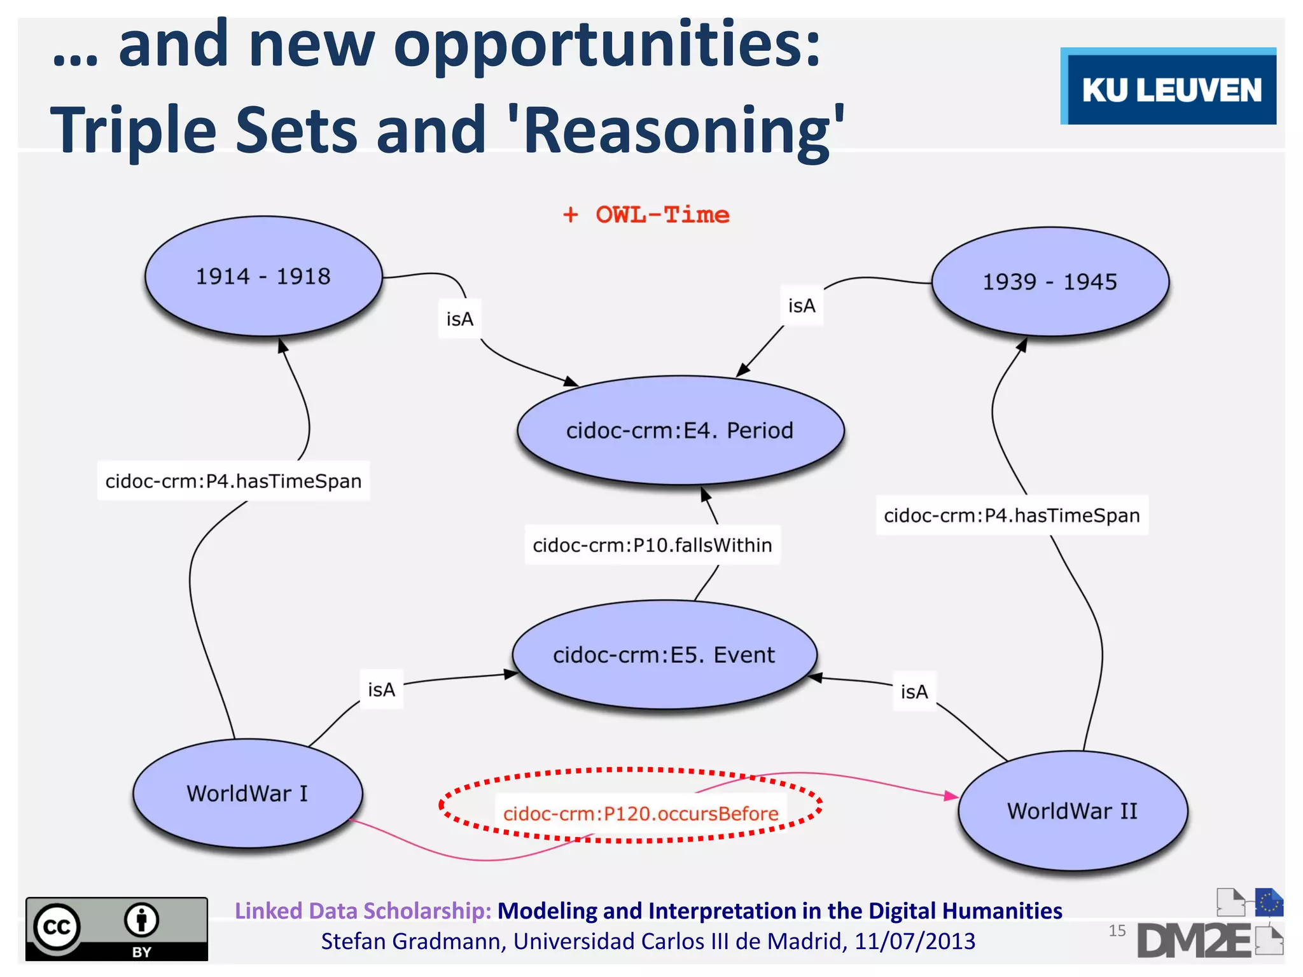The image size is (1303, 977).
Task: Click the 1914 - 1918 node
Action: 263,276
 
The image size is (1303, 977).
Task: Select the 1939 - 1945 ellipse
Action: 1050,281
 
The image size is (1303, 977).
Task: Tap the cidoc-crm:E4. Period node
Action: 679,431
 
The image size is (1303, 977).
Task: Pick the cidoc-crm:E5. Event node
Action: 664,655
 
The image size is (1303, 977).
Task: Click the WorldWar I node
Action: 247,793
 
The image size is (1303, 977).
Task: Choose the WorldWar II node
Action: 1072,811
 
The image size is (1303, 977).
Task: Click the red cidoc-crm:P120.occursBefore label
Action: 641,814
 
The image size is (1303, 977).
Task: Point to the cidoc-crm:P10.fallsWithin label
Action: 652,545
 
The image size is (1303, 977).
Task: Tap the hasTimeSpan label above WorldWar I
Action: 233,481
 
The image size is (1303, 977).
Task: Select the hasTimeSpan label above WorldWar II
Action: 1012,515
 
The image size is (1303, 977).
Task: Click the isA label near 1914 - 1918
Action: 459,319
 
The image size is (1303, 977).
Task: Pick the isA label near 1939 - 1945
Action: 802,306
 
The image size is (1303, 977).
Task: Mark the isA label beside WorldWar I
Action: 381,689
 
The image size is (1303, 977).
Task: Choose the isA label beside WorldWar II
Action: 914,691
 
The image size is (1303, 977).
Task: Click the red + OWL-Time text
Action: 646,215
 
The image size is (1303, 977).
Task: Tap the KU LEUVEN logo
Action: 1169,87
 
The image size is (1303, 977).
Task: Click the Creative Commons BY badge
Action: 116,928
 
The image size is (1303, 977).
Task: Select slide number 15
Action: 1117,931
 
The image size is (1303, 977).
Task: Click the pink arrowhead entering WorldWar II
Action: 952,796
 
